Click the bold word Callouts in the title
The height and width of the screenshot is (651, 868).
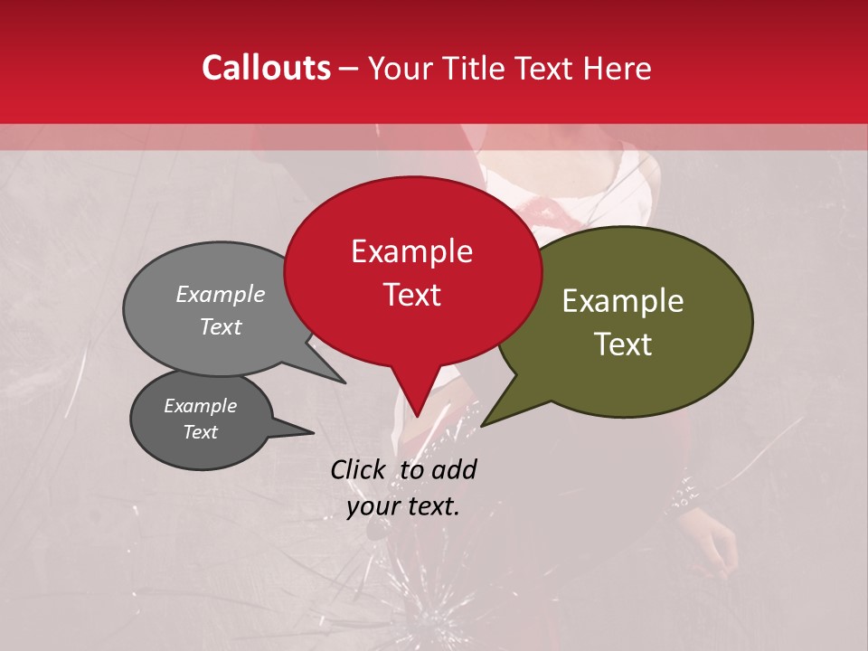(266, 68)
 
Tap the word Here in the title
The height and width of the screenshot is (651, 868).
(616, 68)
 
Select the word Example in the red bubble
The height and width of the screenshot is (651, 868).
(411, 251)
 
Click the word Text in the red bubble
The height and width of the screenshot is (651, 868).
(411, 295)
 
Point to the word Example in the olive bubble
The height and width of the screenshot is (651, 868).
(623, 301)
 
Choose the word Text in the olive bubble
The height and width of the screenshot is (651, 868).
(623, 344)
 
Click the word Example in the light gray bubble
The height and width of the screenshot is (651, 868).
(221, 294)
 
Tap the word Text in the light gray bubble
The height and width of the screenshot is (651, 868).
(221, 326)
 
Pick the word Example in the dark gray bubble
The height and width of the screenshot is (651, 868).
(200, 406)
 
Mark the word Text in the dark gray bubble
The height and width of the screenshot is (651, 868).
(200, 432)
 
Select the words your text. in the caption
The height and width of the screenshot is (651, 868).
(402, 506)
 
